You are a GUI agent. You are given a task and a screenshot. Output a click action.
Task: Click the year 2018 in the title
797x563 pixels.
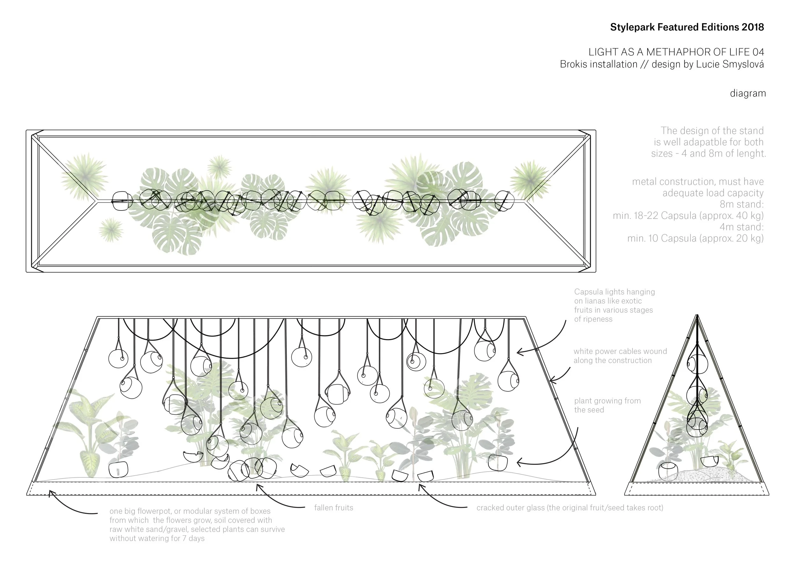coord(753,27)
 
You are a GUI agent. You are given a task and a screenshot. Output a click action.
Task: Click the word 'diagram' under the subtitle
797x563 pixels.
coord(748,93)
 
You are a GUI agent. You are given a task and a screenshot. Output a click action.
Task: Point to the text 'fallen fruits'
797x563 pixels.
coord(333,508)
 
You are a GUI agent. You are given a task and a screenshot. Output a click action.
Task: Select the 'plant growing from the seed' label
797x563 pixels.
coord(607,405)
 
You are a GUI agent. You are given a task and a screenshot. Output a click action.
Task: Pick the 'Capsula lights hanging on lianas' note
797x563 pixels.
coord(614,305)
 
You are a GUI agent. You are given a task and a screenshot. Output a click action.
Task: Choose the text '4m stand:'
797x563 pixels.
coord(742,227)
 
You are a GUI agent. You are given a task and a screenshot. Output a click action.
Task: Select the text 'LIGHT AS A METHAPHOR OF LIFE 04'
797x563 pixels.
coord(676,52)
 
